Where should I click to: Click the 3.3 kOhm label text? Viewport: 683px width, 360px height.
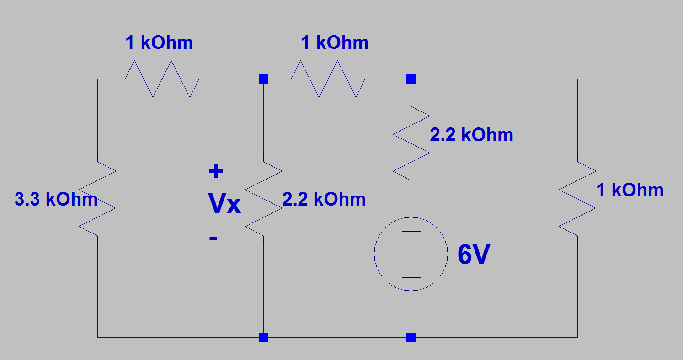(x=56, y=200)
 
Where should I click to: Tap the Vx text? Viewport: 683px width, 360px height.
(x=224, y=204)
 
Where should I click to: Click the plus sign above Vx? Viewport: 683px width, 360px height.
(x=216, y=172)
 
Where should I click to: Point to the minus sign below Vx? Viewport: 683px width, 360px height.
(x=213, y=238)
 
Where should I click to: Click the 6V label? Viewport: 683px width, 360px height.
(x=474, y=255)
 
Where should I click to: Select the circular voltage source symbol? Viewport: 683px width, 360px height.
(x=411, y=254)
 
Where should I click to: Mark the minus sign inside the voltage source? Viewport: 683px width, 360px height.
(x=411, y=231)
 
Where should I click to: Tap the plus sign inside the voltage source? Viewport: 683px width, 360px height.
(x=411, y=277)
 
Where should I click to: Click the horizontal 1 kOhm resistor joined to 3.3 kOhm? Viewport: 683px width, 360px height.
(x=162, y=79)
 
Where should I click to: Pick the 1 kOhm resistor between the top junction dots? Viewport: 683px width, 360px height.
(x=328, y=79)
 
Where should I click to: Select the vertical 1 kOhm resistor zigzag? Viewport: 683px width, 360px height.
(x=577, y=199)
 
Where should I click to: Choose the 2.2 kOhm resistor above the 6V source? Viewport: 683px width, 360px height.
(x=411, y=143)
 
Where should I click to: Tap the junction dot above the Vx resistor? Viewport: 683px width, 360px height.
(x=263, y=79)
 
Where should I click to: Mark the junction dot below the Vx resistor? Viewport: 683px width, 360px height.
(x=263, y=338)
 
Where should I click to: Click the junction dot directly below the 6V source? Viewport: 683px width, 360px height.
(x=411, y=338)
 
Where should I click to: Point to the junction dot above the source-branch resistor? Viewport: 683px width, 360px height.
(x=411, y=79)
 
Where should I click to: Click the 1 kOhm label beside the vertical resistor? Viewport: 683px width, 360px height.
(x=630, y=190)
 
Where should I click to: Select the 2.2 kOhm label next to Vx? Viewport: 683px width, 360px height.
(x=324, y=200)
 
